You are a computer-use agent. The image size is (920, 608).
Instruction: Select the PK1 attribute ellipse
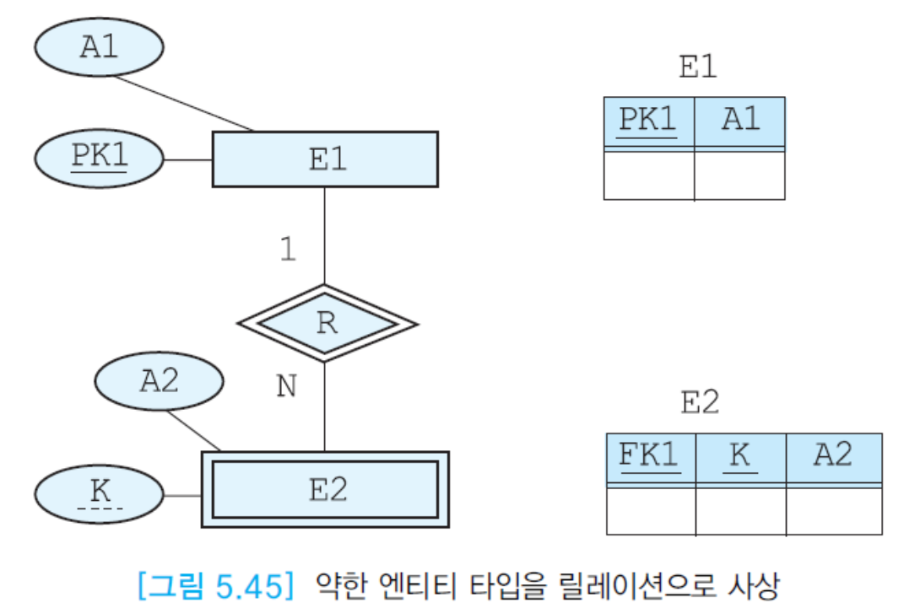[x=99, y=159]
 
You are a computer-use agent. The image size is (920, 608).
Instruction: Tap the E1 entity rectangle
[x=325, y=159]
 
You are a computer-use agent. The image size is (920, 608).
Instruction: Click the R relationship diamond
[x=326, y=323]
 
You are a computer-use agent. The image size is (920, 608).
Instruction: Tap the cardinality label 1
[x=288, y=250]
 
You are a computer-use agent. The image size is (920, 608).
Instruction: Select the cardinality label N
[x=287, y=386]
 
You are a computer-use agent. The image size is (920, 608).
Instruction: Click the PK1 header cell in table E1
[x=648, y=121]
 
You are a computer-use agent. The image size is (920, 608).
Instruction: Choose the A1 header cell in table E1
[x=739, y=121]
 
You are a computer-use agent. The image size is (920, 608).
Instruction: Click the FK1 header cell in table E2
[x=651, y=457]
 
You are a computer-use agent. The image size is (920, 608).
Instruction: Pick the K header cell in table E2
[x=740, y=457]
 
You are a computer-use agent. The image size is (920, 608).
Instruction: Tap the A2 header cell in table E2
[x=834, y=457]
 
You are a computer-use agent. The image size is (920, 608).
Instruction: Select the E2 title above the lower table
[x=700, y=403]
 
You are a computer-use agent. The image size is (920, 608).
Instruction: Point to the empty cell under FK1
[x=651, y=511]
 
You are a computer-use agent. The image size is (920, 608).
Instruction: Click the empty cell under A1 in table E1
[x=739, y=175]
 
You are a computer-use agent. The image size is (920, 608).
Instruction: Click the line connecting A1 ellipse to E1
[x=184, y=103]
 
